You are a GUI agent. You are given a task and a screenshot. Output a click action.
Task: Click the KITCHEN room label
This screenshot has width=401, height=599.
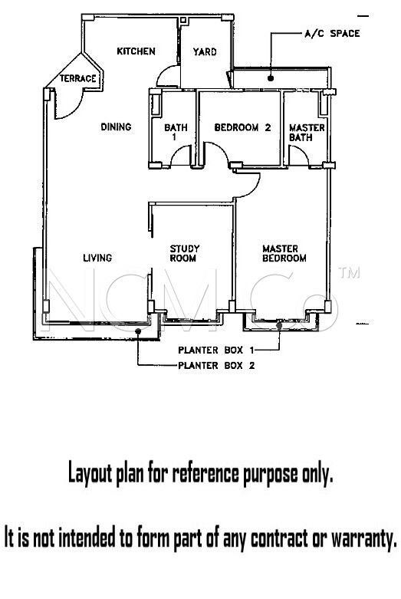(136, 51)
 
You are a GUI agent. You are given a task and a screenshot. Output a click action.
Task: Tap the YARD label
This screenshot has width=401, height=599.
(205, 51)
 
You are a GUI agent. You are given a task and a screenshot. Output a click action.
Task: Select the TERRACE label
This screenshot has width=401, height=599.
(78, 79)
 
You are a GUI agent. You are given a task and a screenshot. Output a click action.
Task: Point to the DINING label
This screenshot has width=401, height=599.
(116, 127)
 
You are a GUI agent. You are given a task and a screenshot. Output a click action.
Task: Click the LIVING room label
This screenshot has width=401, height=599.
(98, 258)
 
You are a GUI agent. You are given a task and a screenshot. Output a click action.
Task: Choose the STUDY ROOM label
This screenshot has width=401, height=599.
(184, 253)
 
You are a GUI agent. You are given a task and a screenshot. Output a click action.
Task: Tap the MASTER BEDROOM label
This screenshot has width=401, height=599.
(284, 253)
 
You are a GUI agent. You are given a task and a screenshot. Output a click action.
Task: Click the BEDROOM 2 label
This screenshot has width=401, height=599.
(242, 127)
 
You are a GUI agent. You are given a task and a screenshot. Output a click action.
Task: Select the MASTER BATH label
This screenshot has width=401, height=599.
(307, 132)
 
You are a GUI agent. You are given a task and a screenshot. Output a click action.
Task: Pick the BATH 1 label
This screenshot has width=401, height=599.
(176, 132)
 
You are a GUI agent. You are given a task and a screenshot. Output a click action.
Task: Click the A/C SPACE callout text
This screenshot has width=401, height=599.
(332, 34)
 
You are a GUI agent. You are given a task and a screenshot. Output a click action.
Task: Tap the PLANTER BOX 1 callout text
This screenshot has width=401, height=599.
(216, 350)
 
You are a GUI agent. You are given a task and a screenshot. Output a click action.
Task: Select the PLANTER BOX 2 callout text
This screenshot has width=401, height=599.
(216, 366)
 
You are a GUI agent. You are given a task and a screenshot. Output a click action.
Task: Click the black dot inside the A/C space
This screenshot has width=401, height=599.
(271, 78)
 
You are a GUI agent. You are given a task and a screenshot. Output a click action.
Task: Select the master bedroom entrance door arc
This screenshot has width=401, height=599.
(253, 190)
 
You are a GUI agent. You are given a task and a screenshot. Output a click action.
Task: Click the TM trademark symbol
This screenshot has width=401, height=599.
(349, 272)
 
